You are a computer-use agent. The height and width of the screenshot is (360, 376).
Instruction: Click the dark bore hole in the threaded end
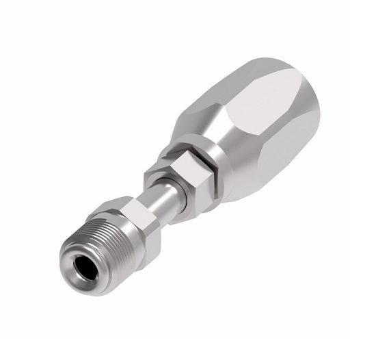click(x=90, y=263)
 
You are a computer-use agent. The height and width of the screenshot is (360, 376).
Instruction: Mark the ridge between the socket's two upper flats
click(x=232, y=96)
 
